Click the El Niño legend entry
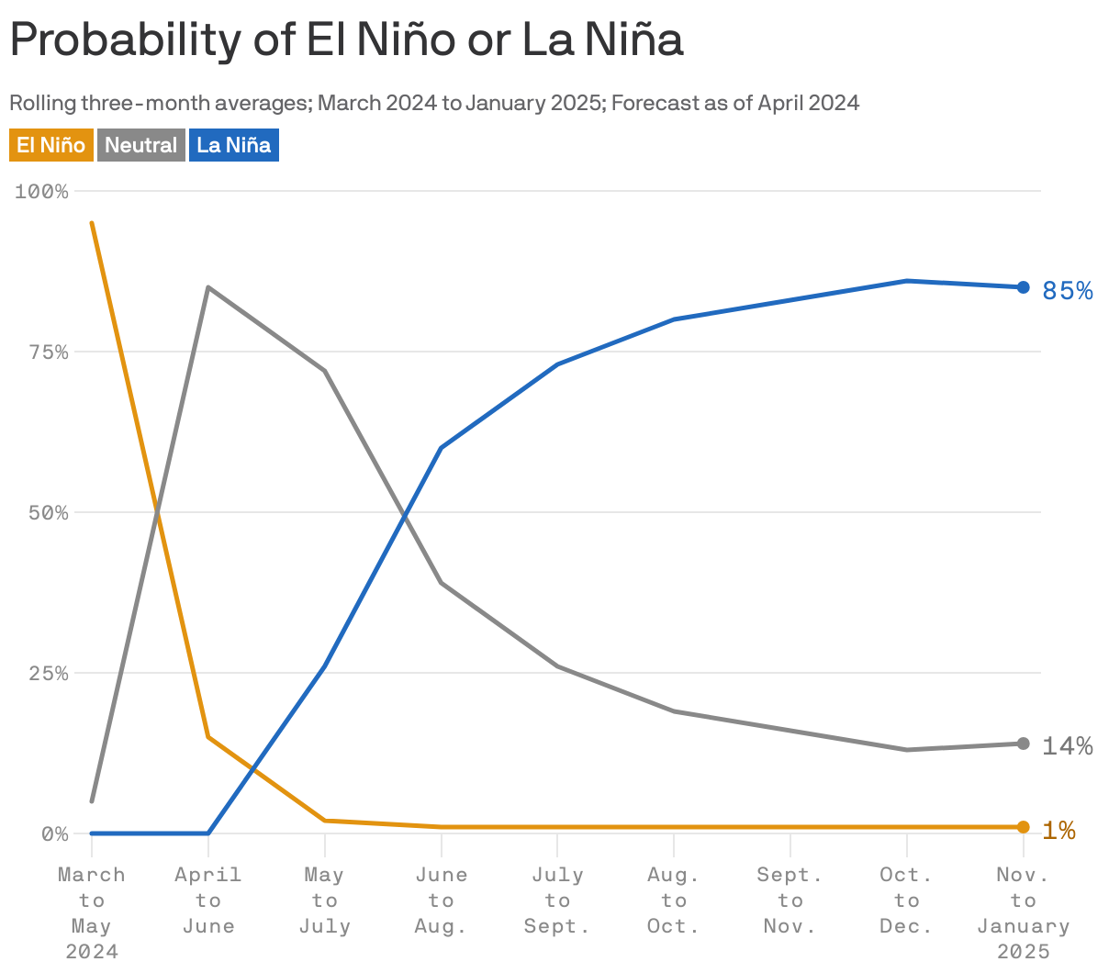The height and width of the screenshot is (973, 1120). (51, 145)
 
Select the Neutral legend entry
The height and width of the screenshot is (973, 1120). (140, 145)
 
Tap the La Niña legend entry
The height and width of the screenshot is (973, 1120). (234, 145)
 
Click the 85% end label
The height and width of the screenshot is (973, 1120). (1068, 291)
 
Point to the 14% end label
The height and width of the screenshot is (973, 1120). (1068, 746)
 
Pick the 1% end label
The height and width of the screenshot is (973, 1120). (1059, 831)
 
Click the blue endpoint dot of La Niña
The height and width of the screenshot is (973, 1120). (1024, 287)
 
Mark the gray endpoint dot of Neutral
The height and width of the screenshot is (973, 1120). (1024, 744)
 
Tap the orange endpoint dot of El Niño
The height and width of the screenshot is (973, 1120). (1024, 827)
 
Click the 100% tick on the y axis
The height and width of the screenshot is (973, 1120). (42, 192)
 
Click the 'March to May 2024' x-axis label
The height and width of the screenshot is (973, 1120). (92, 912)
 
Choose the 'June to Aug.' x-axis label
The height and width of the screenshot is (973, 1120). (442, 900)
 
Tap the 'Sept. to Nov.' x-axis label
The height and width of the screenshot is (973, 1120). (790, 900)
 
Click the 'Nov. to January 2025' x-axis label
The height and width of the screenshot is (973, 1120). (1024, 912)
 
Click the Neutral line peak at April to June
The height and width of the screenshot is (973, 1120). (208, 287)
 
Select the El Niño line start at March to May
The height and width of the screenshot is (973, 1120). (92, 223)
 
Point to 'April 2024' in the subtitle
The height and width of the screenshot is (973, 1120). (808, 103)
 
